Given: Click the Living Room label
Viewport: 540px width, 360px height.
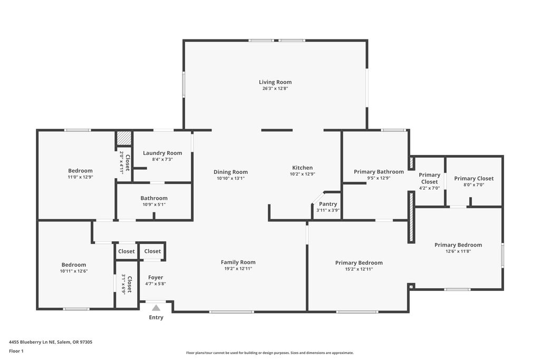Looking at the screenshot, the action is [275, 82].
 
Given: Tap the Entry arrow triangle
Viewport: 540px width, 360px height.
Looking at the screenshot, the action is [156, 308].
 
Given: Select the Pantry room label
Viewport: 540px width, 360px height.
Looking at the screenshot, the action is [328, 204].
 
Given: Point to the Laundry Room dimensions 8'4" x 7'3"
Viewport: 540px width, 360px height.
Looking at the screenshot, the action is [162, 159].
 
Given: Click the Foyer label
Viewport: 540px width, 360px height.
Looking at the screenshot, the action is [156, 277].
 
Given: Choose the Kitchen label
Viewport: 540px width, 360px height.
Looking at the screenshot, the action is [302, 168].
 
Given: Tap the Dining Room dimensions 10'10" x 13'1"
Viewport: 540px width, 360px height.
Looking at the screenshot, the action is [231, 178].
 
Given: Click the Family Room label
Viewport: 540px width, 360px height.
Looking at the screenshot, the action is [238, 262].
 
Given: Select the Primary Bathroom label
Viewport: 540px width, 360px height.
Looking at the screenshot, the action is [379, 172].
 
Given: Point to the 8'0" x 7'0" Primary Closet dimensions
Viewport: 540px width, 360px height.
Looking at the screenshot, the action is [474, 185].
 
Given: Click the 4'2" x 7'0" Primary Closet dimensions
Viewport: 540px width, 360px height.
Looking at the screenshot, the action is [429, 188].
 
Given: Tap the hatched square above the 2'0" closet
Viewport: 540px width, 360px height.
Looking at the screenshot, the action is [123, 138].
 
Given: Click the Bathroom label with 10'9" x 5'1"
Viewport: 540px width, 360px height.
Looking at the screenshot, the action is [154, 198].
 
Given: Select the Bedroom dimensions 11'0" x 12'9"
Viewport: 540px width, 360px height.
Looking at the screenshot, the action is [80, 177].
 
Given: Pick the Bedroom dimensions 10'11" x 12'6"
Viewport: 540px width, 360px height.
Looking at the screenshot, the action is [74, 271].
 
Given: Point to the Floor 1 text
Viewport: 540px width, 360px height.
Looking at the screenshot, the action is [16, 351].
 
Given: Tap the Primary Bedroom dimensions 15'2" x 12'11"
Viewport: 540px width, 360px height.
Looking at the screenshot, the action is [359, 269].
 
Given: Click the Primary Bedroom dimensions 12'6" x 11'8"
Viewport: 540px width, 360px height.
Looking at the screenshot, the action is [458, 251].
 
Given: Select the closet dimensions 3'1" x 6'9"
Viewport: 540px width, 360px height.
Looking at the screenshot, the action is [123, 284].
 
